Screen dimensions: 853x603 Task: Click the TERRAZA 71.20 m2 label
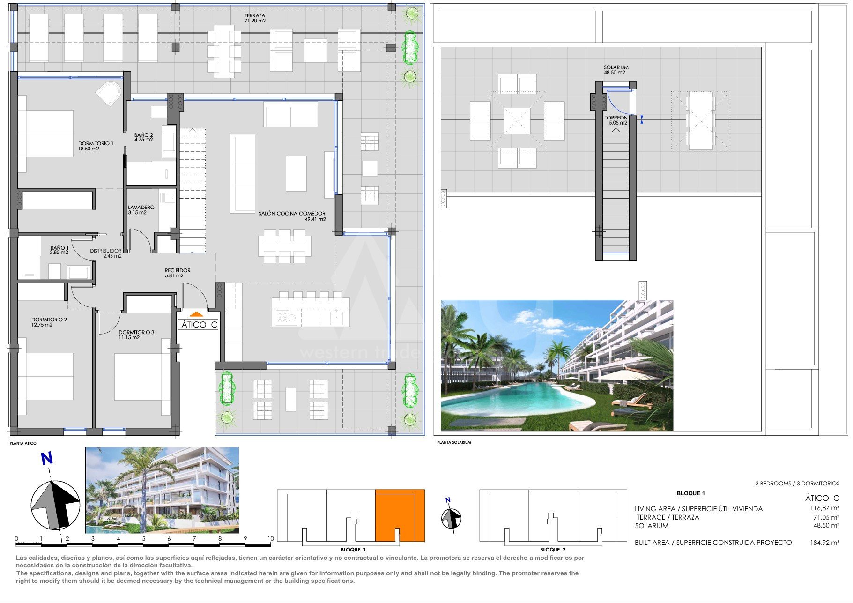point(255,18)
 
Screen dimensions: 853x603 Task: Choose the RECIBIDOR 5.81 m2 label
point(178,273)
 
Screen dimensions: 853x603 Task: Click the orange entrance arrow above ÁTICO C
point(196,314)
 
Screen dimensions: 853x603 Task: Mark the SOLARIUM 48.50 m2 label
point(616,70)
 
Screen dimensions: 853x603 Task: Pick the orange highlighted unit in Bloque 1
point(400,515)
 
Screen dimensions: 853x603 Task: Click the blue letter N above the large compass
point(47,459)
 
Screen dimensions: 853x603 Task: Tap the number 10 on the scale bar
point(271,539)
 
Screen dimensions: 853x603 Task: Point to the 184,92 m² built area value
point(825,543)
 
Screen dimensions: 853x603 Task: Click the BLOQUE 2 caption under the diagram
point(553,550)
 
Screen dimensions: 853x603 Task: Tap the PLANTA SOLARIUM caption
point(454,442)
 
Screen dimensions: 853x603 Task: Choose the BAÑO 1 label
point(59,250)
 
